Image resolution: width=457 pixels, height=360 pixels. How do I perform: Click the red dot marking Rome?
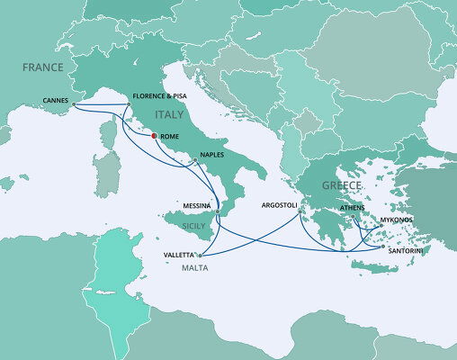pyautogui.click(x=155, y=136)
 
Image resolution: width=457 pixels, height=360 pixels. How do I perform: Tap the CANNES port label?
pyautogui.click(x=57, y=100)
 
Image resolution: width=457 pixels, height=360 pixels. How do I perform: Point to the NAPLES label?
pyautogui.click(x=212, y=154)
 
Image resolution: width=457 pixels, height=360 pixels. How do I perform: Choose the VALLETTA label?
pyautogui.click(x=178, y=255)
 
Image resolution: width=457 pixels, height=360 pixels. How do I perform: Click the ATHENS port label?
pyautogui.click(x=353, y=208)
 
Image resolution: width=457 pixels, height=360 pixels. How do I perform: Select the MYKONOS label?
pyautogui.click(x=397, y=219)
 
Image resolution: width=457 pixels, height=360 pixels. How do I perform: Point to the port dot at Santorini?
pyautogui.click(x=382, y=247)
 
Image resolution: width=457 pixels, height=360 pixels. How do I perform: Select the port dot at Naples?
pyautogui.click(x=194, y=160)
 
